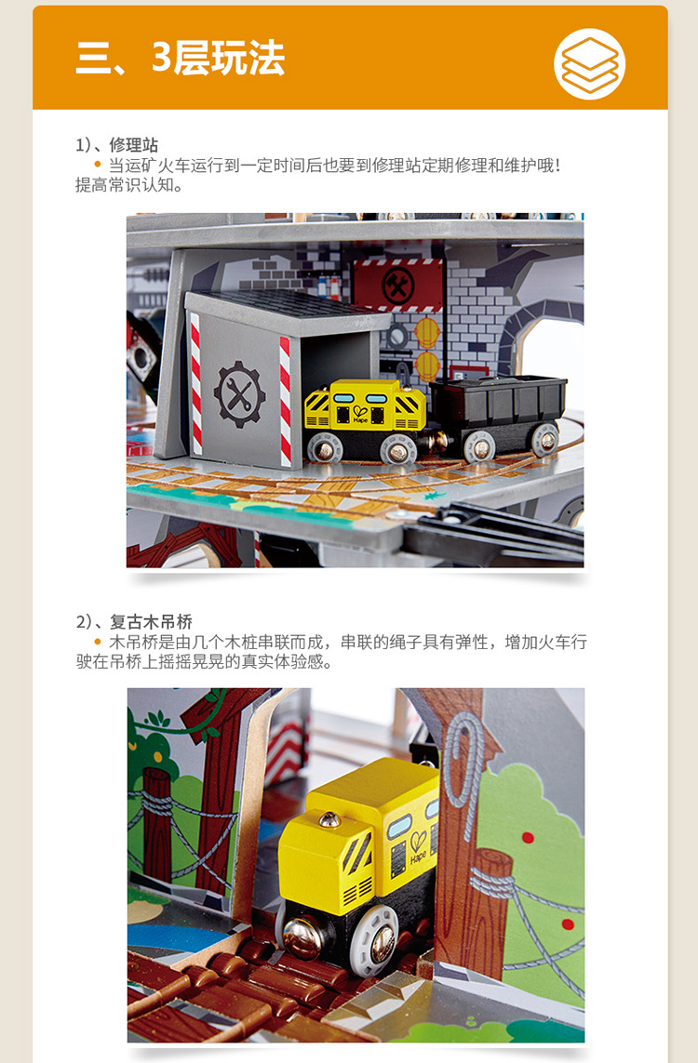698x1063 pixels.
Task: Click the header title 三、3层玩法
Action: (181, 58)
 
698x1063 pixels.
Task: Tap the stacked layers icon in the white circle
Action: (589, 64)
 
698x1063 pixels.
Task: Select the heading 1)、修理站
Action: (116, 144)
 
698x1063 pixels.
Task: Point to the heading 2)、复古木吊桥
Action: (134, 621)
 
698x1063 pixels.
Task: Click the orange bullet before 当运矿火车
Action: (98, 164)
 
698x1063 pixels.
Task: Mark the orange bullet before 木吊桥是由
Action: (98, 642)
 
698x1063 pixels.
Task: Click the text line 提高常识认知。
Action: (128, 185)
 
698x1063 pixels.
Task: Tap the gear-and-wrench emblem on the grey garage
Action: (239, 394)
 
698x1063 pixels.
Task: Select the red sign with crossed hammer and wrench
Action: (397, 285)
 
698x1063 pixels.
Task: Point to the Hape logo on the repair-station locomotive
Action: (360, 414)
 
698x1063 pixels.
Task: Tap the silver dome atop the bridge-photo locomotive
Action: (330, 819)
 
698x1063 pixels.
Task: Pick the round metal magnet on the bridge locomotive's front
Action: (303, 937)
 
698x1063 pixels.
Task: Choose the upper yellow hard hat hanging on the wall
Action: (427, 333)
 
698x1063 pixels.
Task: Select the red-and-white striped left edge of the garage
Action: (196, 384)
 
